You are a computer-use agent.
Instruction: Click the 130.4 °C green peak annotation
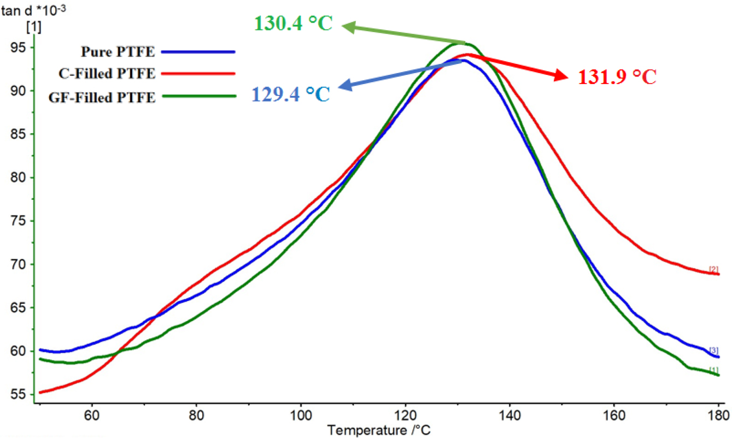click(294, 25)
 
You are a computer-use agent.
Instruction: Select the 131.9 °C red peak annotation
click(617, 78)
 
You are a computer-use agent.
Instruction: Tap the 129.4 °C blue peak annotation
click(291, 93)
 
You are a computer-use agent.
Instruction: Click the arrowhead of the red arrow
click(562, 76)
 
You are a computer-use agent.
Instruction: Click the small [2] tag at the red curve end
click(713, 269)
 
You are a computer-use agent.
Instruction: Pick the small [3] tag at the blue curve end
click(713, 350)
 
